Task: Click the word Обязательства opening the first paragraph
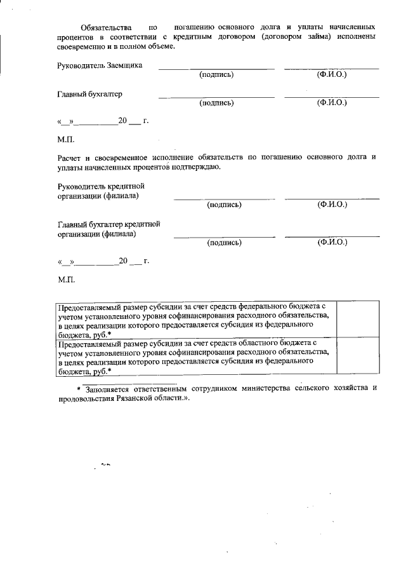107,28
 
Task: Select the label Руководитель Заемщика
100,65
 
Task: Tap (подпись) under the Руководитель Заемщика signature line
216,75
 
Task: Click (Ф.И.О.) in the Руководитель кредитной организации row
332,205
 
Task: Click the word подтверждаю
200,166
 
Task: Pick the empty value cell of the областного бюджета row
357,358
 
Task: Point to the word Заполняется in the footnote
108,388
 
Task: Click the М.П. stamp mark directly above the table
67,280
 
